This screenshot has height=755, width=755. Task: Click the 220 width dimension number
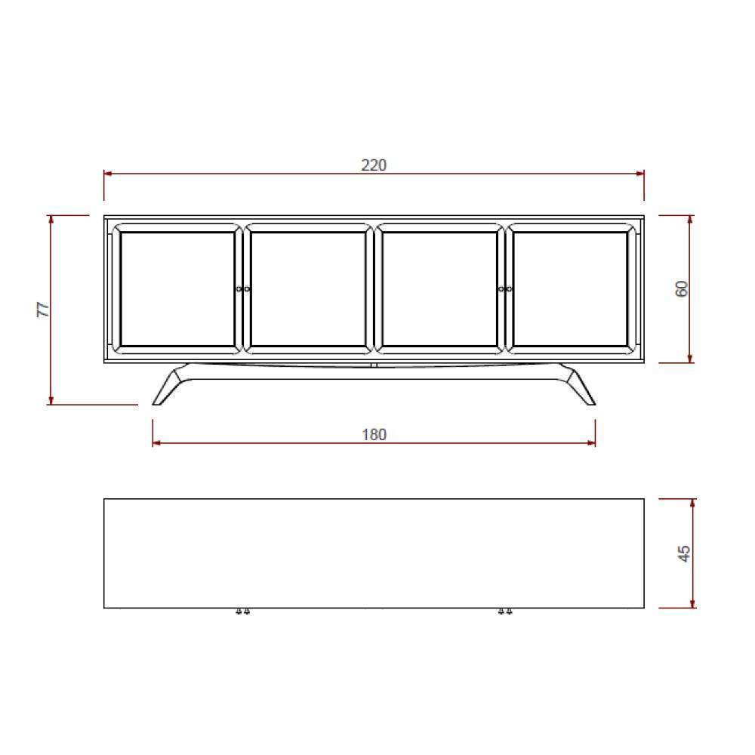[374, 165]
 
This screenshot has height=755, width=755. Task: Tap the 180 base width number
[374, 435]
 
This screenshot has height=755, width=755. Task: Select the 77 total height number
[43, 309]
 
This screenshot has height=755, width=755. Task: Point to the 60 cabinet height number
[682, 288]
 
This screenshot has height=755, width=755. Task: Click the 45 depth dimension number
[684, 553]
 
